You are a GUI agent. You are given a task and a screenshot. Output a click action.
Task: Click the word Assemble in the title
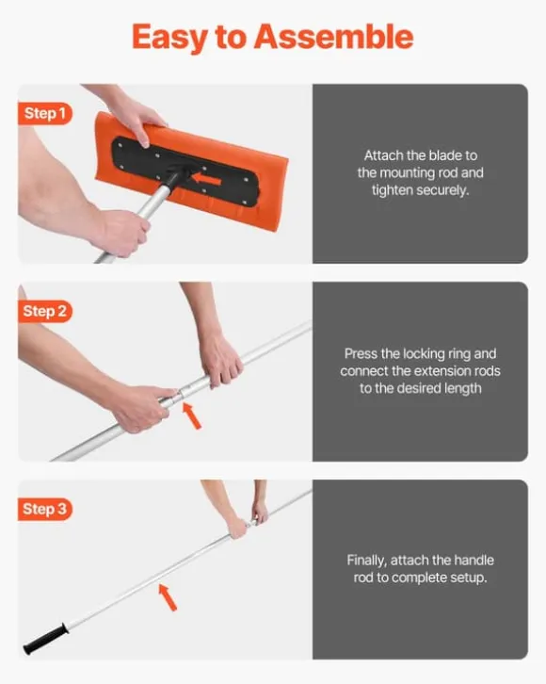click(333, 37)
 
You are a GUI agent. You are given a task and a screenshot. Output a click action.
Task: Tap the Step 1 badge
click(44, 113)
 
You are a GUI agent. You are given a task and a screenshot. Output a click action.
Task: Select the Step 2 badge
click(44, 311)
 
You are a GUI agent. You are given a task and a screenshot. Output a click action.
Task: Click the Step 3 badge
click(44, 509)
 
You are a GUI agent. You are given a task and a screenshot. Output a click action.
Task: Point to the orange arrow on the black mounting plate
click(206, 179)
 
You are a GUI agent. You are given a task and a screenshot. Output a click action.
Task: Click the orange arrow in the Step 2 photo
click(191, 415)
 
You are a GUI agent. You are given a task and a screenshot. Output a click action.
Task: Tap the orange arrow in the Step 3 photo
click(168, 597)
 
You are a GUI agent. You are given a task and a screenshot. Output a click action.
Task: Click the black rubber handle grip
click(46, 639)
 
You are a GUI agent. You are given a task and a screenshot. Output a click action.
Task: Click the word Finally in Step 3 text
click(366, 561)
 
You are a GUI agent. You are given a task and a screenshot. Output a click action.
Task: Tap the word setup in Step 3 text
click(468, 578)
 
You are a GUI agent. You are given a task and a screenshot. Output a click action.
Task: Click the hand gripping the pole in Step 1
click(122, 231)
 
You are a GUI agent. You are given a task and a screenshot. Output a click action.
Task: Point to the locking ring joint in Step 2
click(181, 392)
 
